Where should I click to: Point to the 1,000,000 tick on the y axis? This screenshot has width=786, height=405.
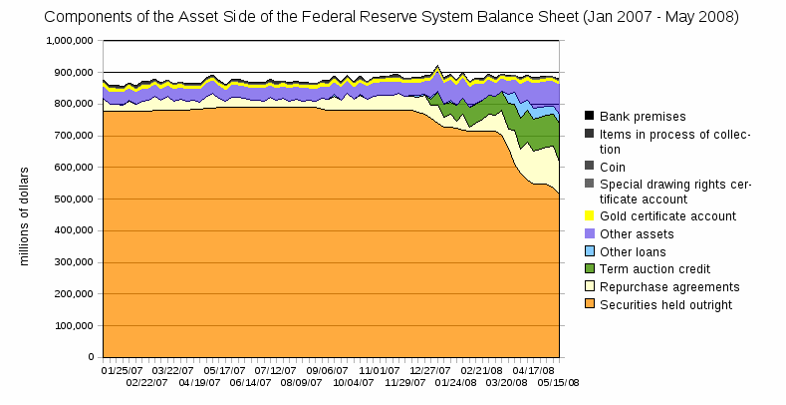tap(70, 41)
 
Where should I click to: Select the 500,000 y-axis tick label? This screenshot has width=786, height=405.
tap(73, 199)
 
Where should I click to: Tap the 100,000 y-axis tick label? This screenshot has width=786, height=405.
tap(73, 325)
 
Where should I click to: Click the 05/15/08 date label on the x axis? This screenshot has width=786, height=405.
tap(559, 381)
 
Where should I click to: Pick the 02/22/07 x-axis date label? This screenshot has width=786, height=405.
tap(147, 381)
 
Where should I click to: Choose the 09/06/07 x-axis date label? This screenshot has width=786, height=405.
tap(326, 369)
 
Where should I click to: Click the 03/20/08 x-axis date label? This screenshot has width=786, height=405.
tap(506, 381)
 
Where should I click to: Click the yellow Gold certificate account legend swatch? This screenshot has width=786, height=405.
tap(589, 215)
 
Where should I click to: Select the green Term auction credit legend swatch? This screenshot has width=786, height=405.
tap(589, 268)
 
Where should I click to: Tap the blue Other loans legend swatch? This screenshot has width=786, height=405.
tap(589, 251)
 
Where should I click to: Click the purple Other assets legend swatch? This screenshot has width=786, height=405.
tap(589, 233)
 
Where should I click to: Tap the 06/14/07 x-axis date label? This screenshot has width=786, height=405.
tap(250, 381)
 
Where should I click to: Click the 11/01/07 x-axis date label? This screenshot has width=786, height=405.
tap(379, 369)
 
